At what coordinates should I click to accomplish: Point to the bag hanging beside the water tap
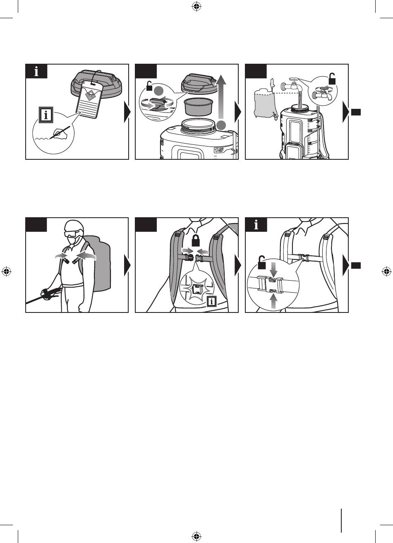[264, 103]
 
